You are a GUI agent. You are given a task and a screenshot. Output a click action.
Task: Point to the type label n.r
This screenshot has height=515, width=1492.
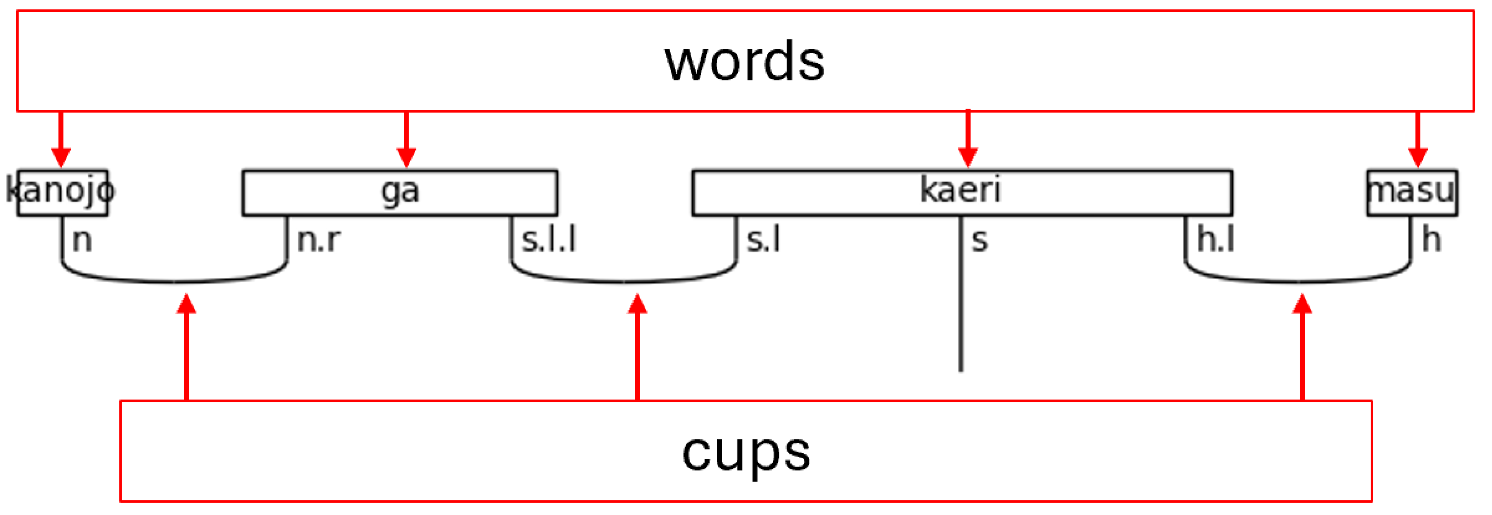pyautogui.click(x=319, y=240)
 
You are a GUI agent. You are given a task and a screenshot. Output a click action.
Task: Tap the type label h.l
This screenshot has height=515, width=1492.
pyautogui.click(x=1216, y=240)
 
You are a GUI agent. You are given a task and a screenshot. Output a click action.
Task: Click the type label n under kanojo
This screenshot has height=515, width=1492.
pyautogui.click(x=82, y=240)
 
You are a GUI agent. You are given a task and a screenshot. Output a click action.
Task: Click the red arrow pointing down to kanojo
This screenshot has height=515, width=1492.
pyautogui.click(x=61, y=139)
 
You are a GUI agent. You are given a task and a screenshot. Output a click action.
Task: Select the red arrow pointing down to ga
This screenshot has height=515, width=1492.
pyautogui.click(x=406, y=139)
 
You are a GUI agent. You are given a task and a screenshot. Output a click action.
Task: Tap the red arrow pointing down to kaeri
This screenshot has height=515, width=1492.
pyautogui.click(x=968, y=139)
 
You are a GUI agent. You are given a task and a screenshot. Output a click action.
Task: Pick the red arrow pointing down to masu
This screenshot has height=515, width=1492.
pyautogui.click(x=1417, y=139)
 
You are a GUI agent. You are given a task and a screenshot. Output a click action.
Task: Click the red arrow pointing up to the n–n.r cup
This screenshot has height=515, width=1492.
pyautogui.click(x=186, y=347)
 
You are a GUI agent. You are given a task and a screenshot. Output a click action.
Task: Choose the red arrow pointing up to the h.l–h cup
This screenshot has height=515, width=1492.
pyautogui.click(x=1302, y=347)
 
